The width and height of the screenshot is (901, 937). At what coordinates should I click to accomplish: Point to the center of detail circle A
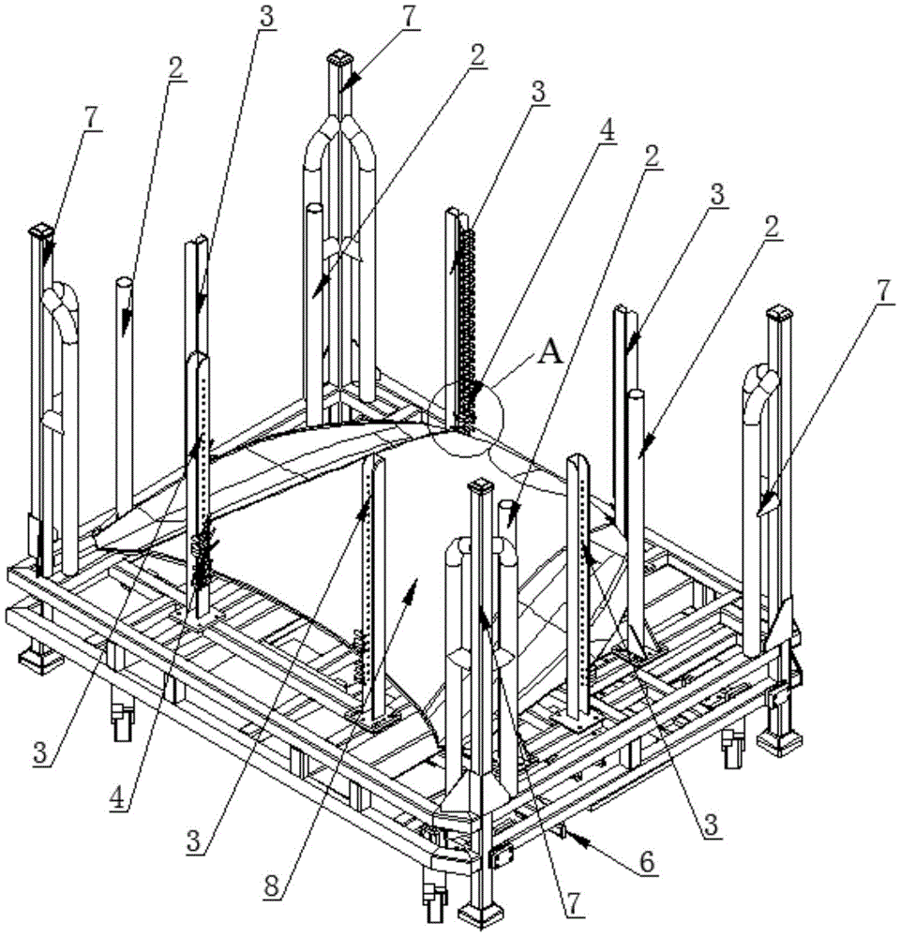(468, 417)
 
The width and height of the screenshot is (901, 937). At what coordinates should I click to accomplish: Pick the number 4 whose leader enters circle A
(608, 131)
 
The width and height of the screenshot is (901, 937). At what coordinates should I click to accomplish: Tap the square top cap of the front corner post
(482, 486)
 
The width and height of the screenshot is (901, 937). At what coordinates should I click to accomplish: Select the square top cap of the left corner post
(42, 230)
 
